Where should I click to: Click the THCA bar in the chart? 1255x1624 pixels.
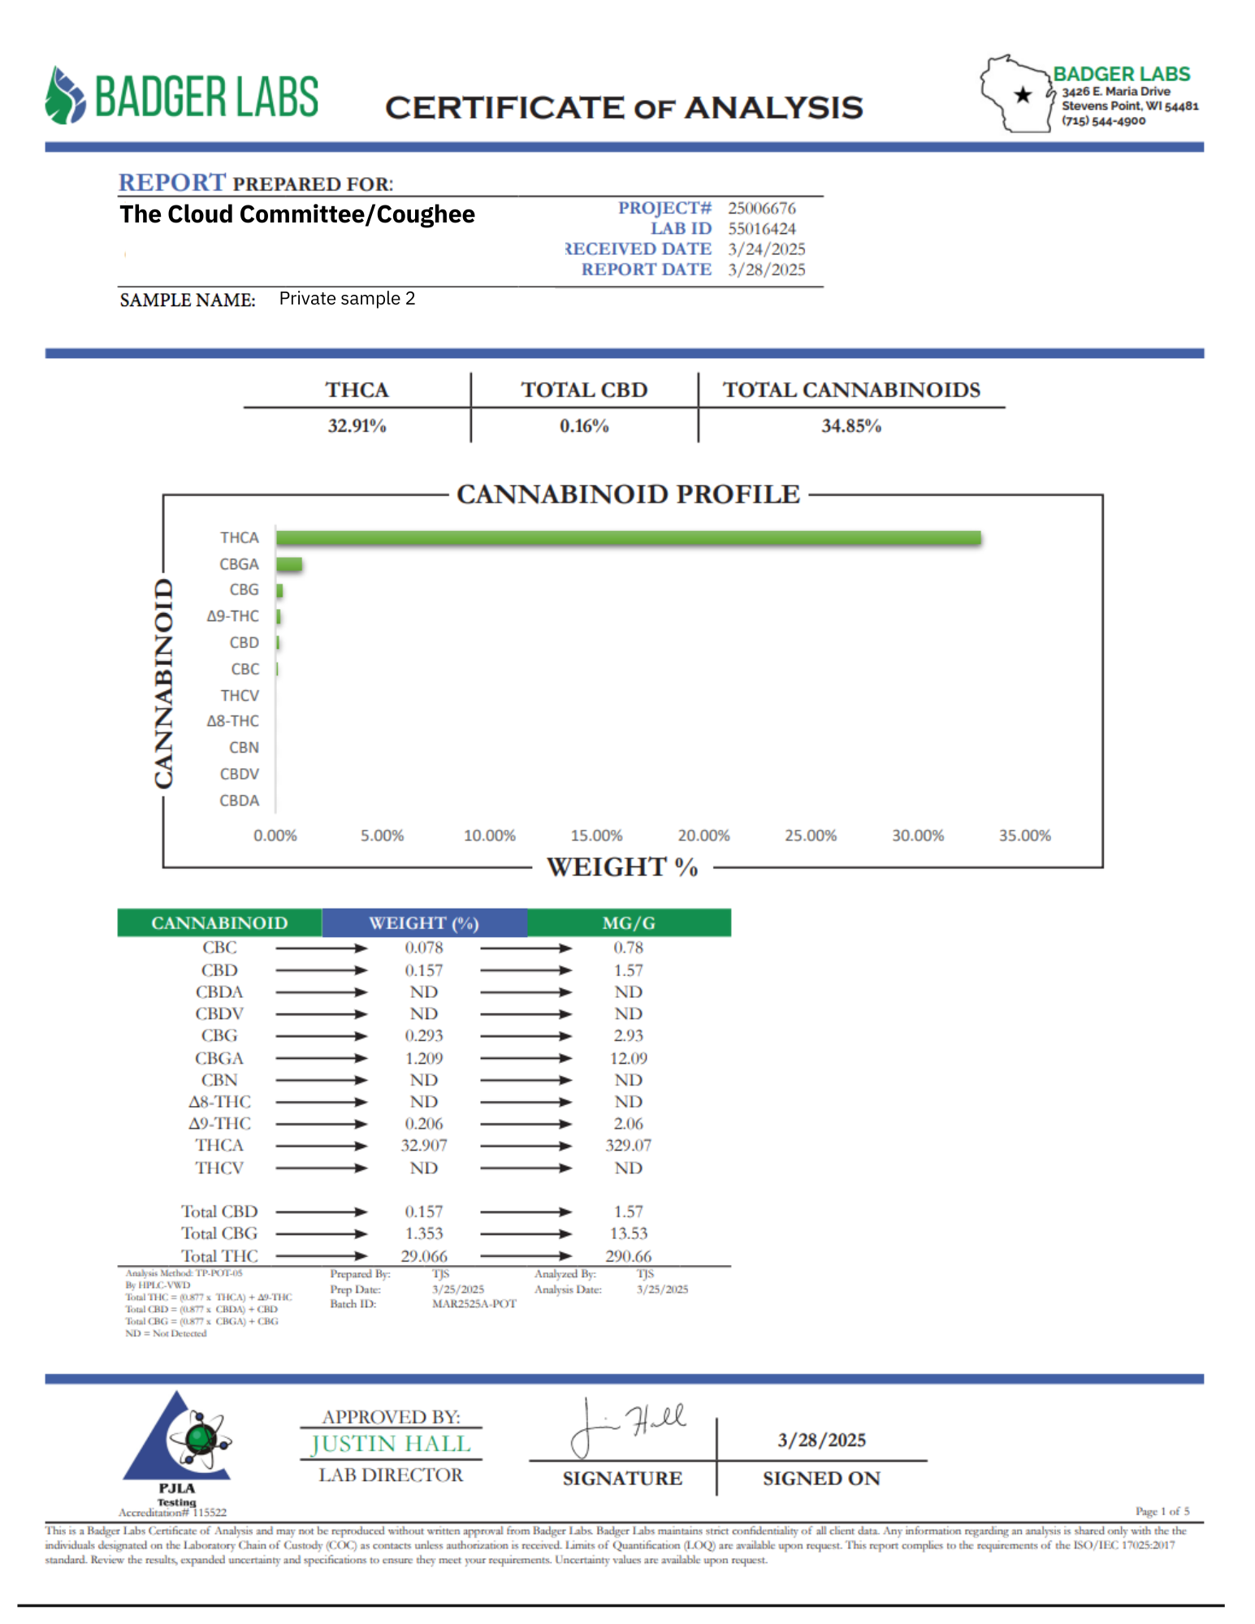click(x=628, y=538)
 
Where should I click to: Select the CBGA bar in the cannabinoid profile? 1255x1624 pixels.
click(x=289, y=564)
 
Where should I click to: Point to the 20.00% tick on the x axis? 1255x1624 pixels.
click(x=703, y=836)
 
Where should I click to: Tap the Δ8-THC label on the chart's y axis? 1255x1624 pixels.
click(x=233, y=721)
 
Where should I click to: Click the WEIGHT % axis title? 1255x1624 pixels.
click(x=622, y=867)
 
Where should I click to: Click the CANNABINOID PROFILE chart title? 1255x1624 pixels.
click(x=628, y=494)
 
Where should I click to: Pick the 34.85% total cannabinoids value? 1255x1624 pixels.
click(x=851, y=425)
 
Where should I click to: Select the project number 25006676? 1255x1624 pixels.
click(x=761, y=209)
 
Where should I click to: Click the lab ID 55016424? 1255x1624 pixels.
click(x=761, y=229)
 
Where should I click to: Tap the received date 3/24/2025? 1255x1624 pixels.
click(x=766, y=249)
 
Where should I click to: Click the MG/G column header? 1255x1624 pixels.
click(x=629, y=923)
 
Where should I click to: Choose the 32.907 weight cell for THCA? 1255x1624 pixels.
click(x=424, y=1146)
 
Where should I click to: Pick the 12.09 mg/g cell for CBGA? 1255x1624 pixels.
click(x=629, y=1059)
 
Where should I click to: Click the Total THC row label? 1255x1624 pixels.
click(x=219, y=1256)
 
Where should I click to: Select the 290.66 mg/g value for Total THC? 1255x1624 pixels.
click(x=629, y=1256)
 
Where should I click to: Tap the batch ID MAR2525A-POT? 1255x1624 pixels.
click(x=474, y=1304)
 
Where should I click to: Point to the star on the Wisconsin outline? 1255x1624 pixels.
click(x=1023, y=95)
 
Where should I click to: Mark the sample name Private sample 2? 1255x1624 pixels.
click(x=347, y=299)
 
